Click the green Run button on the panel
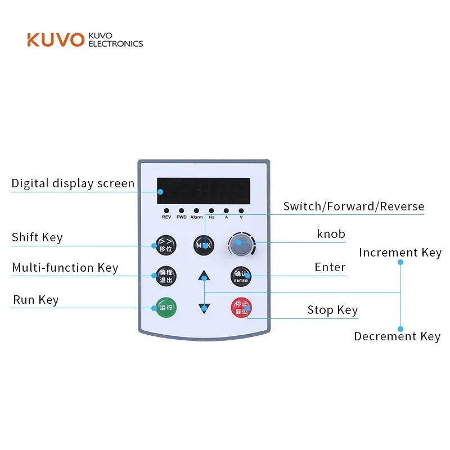165,307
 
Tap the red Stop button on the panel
241,307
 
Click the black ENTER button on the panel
241,276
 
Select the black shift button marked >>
165,245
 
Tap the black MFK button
203,245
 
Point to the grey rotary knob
241,244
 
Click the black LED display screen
203,192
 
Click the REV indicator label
166,217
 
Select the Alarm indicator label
196,217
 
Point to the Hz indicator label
211,217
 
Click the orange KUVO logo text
55,40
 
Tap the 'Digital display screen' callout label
73,183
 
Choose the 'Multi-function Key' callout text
65,268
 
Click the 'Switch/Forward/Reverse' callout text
354,206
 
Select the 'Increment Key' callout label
400,253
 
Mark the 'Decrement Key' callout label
397,336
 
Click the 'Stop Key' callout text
332,310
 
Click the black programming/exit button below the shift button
165,276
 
